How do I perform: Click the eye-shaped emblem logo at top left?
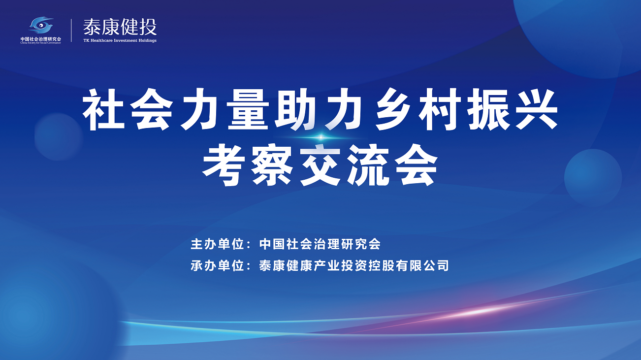tap(41, 25)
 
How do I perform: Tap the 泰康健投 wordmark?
tap(120, 28)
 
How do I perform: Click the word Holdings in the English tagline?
tap(147, 41)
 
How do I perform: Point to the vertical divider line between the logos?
tap(71, 31)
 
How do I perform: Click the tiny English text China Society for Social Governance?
tap(41, 43)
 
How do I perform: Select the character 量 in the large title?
tap(248, 110)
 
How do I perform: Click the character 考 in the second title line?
tap(224, 165)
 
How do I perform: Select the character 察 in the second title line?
tap(272, 165)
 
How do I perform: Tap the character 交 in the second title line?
tap(320, 165)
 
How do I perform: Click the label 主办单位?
tap(217, 244)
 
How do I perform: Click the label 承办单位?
tap(217, 265)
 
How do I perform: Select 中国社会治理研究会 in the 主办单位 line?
tap(320, 244)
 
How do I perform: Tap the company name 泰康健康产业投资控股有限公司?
tap(354, 265)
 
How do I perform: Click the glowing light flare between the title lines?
tap(321, 138)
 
